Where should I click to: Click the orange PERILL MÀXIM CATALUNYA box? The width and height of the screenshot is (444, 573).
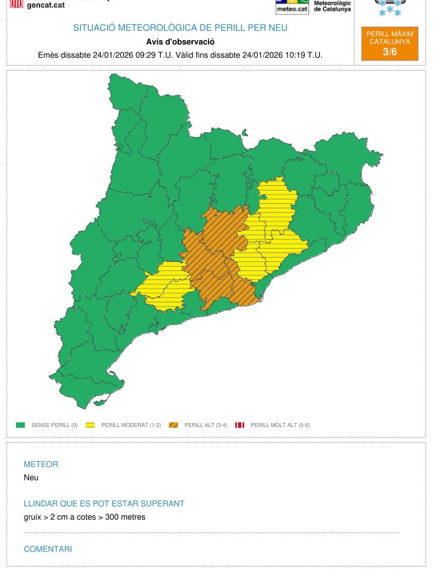pos(390,43)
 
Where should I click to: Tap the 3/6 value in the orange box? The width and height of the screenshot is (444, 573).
pos(390,52)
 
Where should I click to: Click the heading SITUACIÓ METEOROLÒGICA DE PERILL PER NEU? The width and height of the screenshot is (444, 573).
pos(180,28)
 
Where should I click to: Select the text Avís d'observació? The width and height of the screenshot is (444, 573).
pos(180,42)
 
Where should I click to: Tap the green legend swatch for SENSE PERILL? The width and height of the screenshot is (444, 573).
pos(21,425)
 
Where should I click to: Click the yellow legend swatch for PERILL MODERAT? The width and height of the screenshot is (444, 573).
pos(90,425)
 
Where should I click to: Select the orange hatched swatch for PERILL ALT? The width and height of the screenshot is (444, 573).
pos(173,425)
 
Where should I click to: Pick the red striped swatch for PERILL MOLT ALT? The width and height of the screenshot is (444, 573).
pos(240,425)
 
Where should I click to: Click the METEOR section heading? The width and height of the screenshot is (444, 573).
pos(41,464)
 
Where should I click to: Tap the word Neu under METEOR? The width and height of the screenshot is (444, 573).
pos(31,477)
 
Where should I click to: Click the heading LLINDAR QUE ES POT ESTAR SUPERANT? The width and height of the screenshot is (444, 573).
pos(104,504)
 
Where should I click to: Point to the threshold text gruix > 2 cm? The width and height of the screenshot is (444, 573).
pos(53,517)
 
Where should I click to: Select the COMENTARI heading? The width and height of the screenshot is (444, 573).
pos(48,549)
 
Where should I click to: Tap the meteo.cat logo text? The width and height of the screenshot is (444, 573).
pos(292,9)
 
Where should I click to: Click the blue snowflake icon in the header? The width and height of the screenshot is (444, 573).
pos(390,8)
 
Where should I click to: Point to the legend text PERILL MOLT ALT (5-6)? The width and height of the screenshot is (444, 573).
pos(280,425)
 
